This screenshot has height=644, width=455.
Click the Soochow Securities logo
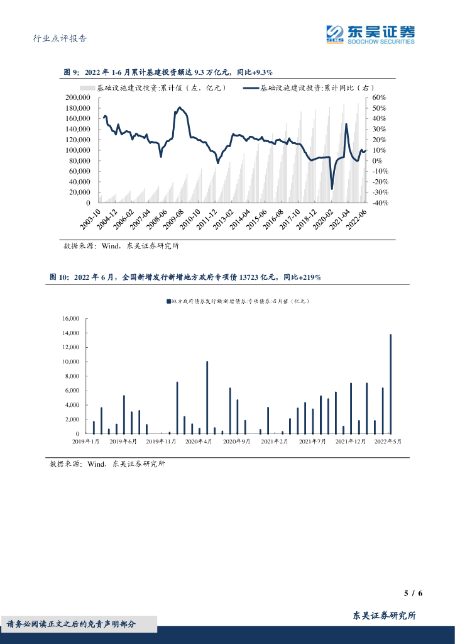click(x=370, y=34)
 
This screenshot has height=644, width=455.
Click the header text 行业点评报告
click(x=59, y=38)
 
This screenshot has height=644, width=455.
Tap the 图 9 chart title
click(x=168, y=73)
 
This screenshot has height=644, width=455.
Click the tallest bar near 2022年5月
click(x=390, y=384)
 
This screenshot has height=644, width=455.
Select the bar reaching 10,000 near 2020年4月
click(x=207, y=397)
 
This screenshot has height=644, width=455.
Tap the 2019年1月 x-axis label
click(x=87, y=442)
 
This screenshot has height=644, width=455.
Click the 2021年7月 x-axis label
click(x=312, y=442)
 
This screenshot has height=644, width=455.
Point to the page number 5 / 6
click(x=412, y=593)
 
